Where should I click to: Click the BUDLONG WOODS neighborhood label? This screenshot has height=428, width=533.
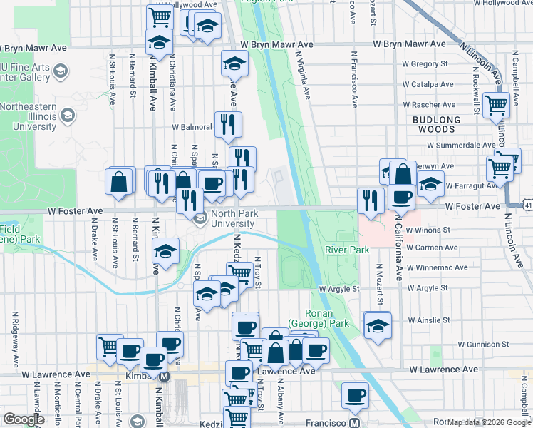433,124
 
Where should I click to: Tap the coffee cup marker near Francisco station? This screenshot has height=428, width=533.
354,394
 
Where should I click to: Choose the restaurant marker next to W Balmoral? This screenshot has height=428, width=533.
228,123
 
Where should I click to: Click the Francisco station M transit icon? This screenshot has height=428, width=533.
354,422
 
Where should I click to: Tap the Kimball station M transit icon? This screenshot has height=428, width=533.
165,376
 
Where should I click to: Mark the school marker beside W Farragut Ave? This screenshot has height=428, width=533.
430,183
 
